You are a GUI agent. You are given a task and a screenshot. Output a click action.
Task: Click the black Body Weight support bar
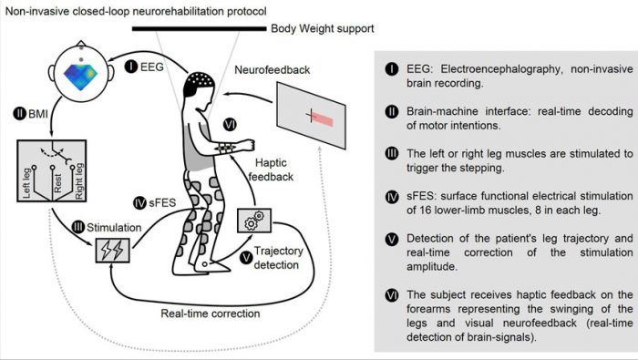[x=199, y=28]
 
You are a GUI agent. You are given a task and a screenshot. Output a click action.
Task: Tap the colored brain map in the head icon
[x=80, y=77]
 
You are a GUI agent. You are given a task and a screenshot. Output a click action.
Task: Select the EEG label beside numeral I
[x=152, y=67]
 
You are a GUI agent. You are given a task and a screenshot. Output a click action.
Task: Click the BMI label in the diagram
[x=38, y=114]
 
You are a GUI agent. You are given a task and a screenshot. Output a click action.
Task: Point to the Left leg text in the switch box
[x=26, y=183]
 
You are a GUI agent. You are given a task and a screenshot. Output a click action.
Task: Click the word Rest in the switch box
[x=57, y=183]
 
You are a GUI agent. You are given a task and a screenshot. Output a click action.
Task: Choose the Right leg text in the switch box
[x=79, y=181]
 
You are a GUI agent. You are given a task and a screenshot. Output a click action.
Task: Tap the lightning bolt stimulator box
[x=113, y=250]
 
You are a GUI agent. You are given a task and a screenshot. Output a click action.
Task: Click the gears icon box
[x=254, y=221]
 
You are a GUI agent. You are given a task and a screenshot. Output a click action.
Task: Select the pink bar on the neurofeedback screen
[x=323, y=118]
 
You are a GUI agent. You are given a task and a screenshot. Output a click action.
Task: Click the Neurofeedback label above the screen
[x=272, y=70]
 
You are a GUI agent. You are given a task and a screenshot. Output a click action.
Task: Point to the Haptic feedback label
[x=271, y=170]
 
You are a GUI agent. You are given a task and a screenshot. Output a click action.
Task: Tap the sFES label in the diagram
[x=162, y=202]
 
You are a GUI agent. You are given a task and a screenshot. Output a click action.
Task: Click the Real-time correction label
[x=211, y=314]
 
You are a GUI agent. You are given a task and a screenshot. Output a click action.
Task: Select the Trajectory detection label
[x=279, y=258]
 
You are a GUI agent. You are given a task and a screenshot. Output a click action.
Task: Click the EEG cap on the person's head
[x=199, y=83]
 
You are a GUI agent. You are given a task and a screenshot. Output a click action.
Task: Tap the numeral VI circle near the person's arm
[x=230, y=124]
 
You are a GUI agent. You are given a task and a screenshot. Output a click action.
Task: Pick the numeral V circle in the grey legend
[x=391, y=239]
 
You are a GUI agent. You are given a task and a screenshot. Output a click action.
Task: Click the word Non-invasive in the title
[x=37, y=11]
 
